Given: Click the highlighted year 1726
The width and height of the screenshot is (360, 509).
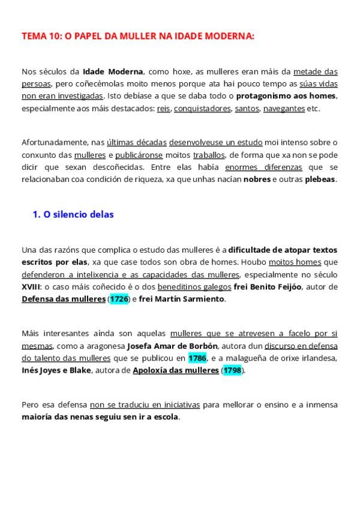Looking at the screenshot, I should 119,298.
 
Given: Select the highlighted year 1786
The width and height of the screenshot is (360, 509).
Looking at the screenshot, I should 197,358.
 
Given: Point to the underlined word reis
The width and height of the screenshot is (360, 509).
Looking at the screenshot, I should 164,109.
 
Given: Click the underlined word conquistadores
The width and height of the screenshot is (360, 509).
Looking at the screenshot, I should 202,109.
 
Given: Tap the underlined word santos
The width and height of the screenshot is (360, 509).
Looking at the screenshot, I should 247,109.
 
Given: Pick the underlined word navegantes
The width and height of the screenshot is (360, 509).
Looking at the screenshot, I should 283,109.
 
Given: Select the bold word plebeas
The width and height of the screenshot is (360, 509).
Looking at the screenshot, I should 320,179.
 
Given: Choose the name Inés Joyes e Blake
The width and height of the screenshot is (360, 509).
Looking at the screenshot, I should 55,370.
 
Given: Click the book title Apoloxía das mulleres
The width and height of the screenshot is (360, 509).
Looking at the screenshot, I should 176,370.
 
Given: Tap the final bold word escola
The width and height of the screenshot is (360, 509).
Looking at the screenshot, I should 165,417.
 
